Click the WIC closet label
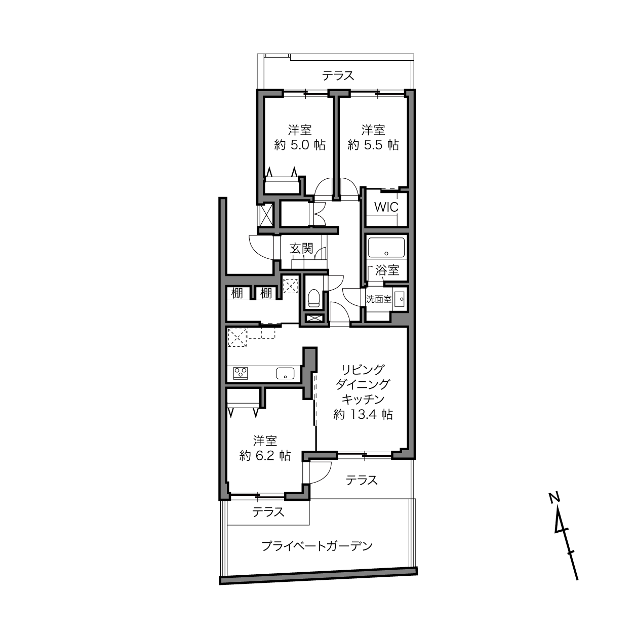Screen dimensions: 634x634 [386, 207]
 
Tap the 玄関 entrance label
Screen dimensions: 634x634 [301, 249]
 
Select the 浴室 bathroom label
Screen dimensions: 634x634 [387, 270]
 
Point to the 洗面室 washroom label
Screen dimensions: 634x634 [379, 299]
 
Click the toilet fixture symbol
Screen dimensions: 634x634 [314, 298]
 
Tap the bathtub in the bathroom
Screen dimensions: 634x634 [386, 248]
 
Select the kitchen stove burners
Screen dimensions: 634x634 [241, 373]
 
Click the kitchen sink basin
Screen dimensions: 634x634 [285, 373]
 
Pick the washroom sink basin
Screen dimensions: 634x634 [400, 299]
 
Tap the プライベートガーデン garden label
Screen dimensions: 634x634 [317, 546]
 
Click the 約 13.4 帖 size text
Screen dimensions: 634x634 [363, 414]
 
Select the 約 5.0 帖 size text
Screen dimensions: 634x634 [300, 145]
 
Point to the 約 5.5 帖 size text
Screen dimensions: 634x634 [373, 145]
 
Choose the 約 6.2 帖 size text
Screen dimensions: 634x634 [265, 456]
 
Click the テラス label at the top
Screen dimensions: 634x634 [338, 75]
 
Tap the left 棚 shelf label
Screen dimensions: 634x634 [237, 293]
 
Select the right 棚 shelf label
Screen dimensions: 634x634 [266, 293]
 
